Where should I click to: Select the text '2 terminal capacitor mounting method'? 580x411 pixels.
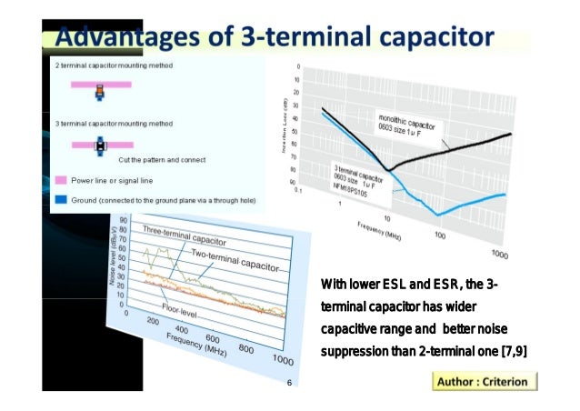[115, 66]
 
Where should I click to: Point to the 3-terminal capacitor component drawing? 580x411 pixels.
[101, 144]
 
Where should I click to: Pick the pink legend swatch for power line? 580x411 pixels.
[61, 180]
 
